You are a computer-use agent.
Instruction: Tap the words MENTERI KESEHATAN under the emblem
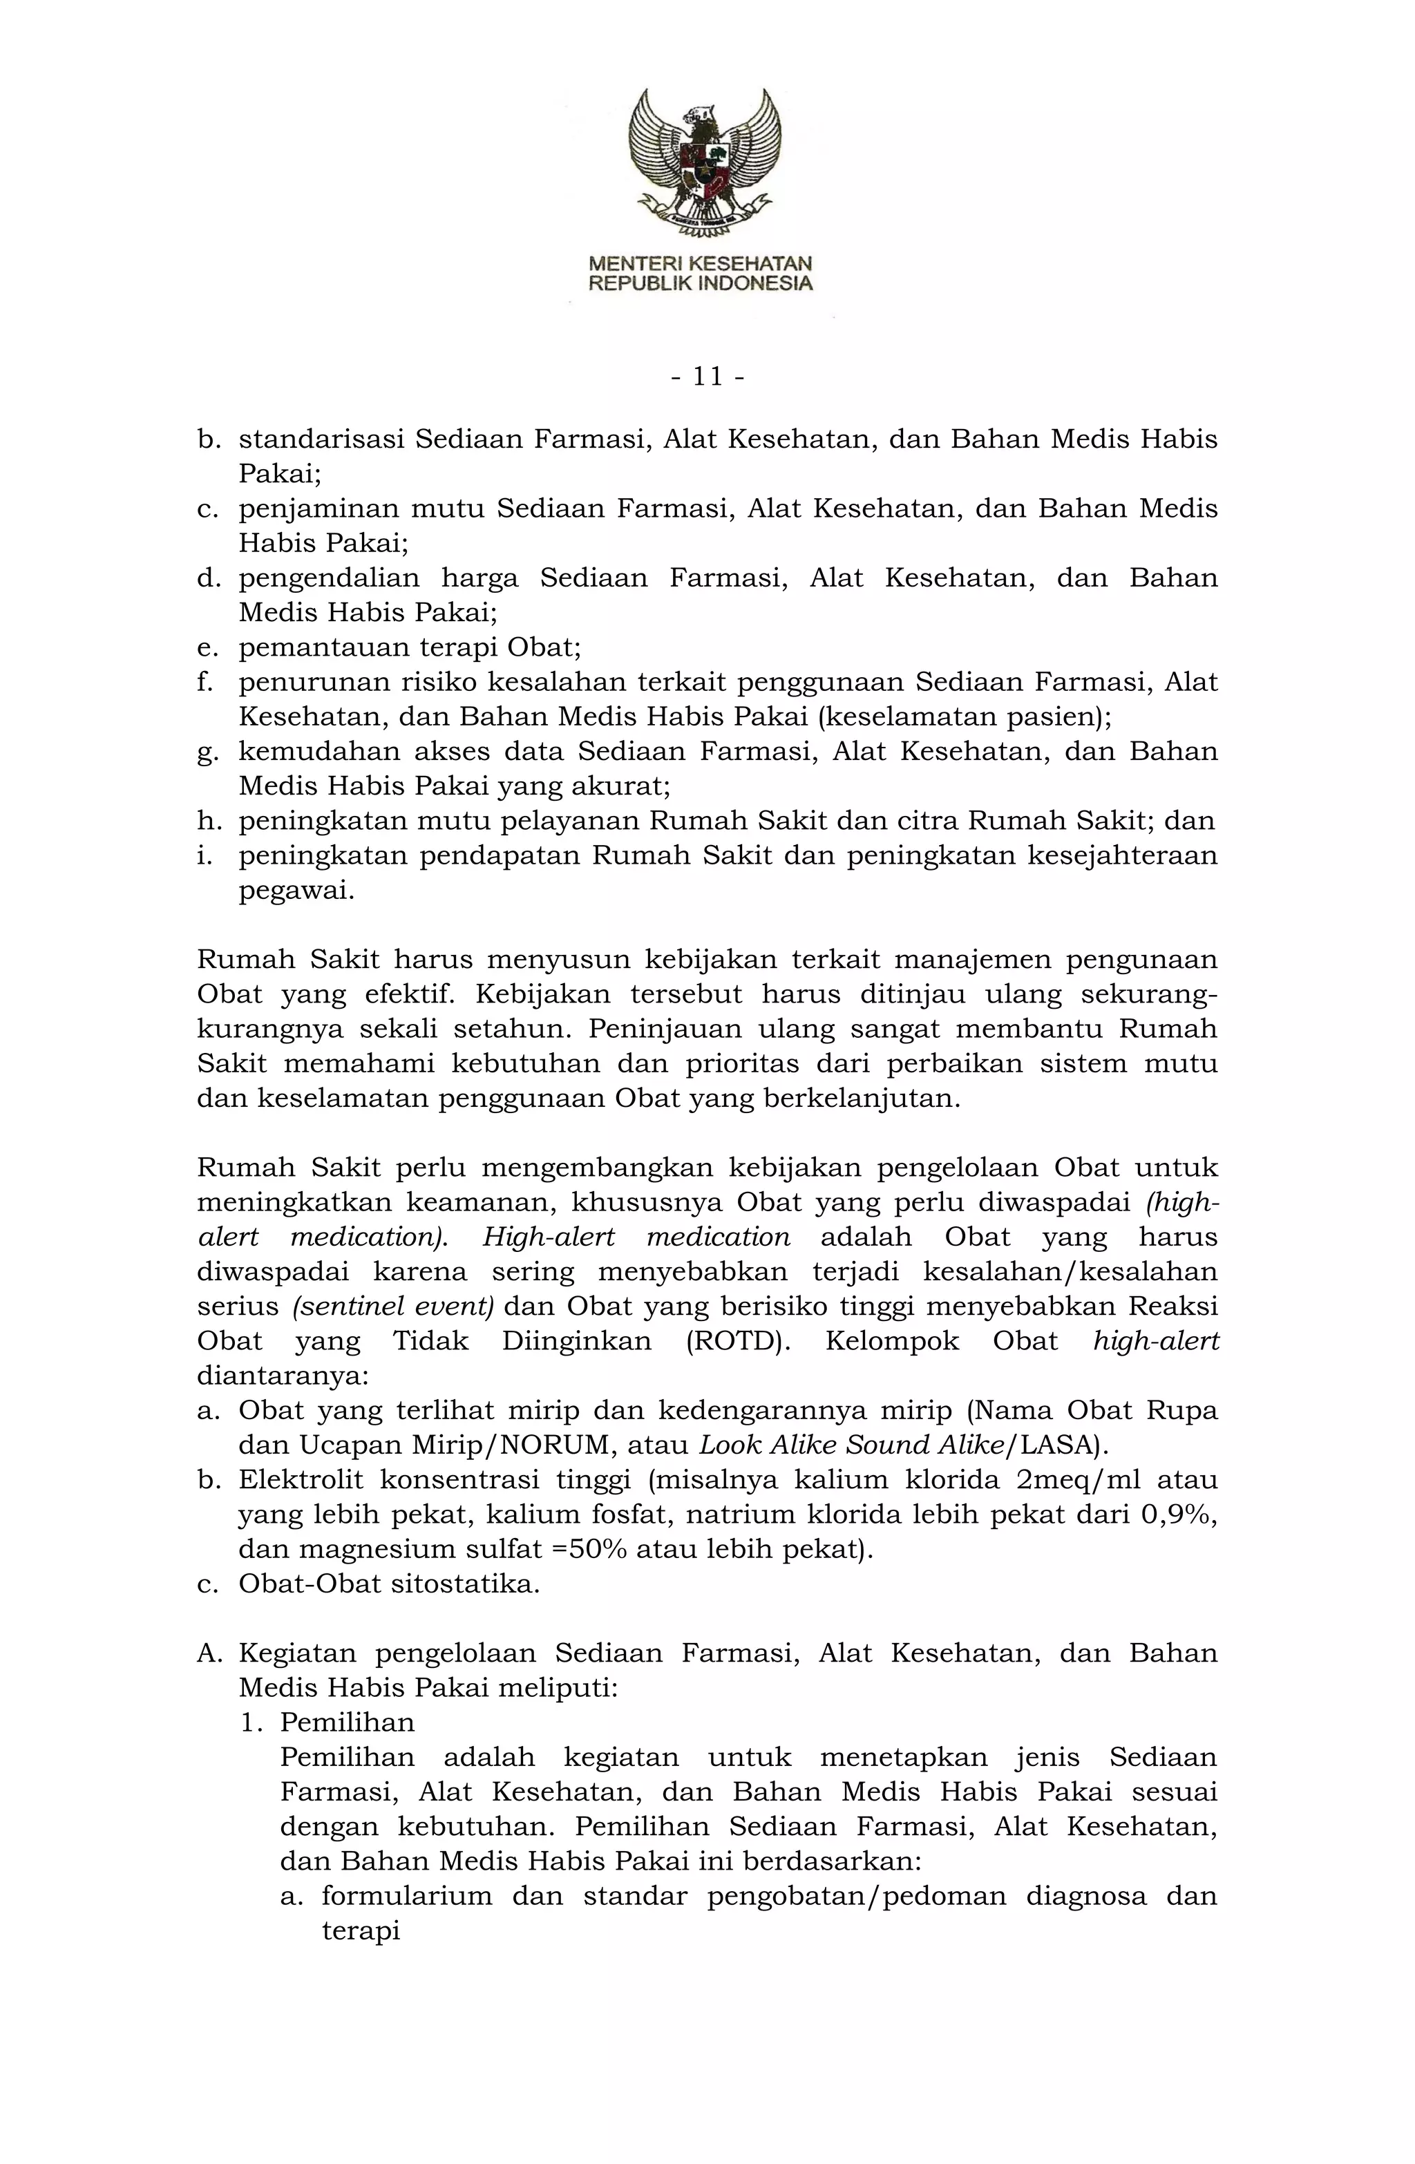point(700,264)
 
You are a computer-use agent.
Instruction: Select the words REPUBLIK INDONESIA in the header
point(700,284)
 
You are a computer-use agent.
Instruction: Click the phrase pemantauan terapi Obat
point(409,648)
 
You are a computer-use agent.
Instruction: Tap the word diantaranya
point(282,1376)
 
